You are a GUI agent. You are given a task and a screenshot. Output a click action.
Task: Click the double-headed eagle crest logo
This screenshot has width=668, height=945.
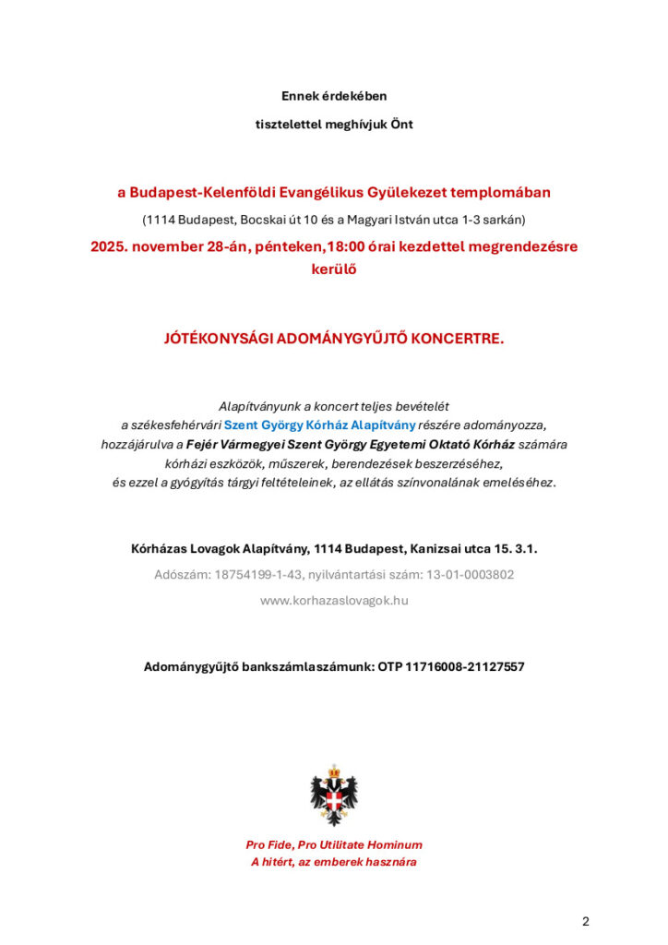[334, 795]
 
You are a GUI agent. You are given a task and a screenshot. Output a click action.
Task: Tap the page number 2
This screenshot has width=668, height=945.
[585, 921]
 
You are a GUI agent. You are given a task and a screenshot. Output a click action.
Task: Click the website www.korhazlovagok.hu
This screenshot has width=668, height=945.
[334, 600]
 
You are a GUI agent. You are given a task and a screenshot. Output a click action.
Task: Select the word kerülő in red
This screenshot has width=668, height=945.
[334, 269]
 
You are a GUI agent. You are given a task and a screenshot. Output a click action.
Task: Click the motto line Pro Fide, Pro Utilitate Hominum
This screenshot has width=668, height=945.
[334, 844]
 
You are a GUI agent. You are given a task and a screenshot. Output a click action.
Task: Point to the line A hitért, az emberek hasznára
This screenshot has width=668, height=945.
[334, 862]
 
